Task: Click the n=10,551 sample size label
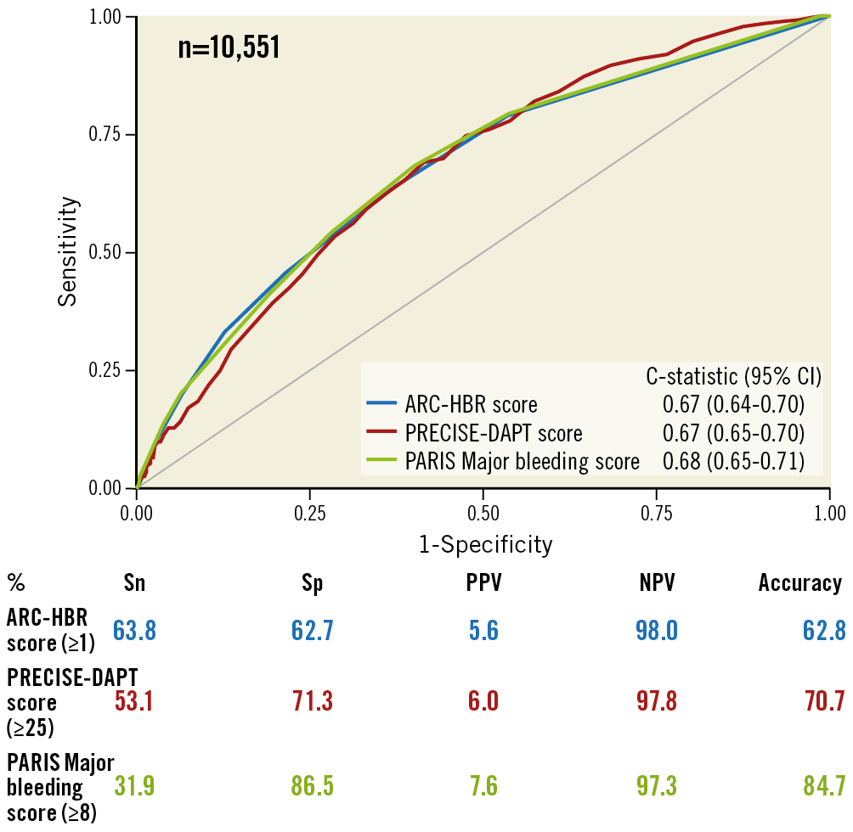click(x=229, y=48)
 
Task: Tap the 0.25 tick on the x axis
click(x=310, y=514)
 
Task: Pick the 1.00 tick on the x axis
click(x=829, y=514)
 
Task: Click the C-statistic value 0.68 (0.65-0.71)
click(x=733, y=462)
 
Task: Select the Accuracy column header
click(x=800, y=583)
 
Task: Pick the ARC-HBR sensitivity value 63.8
click(x=136, y=631)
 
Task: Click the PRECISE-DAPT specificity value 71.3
click(x=313, y=702)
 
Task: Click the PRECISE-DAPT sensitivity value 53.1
click(x=136, y=702)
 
